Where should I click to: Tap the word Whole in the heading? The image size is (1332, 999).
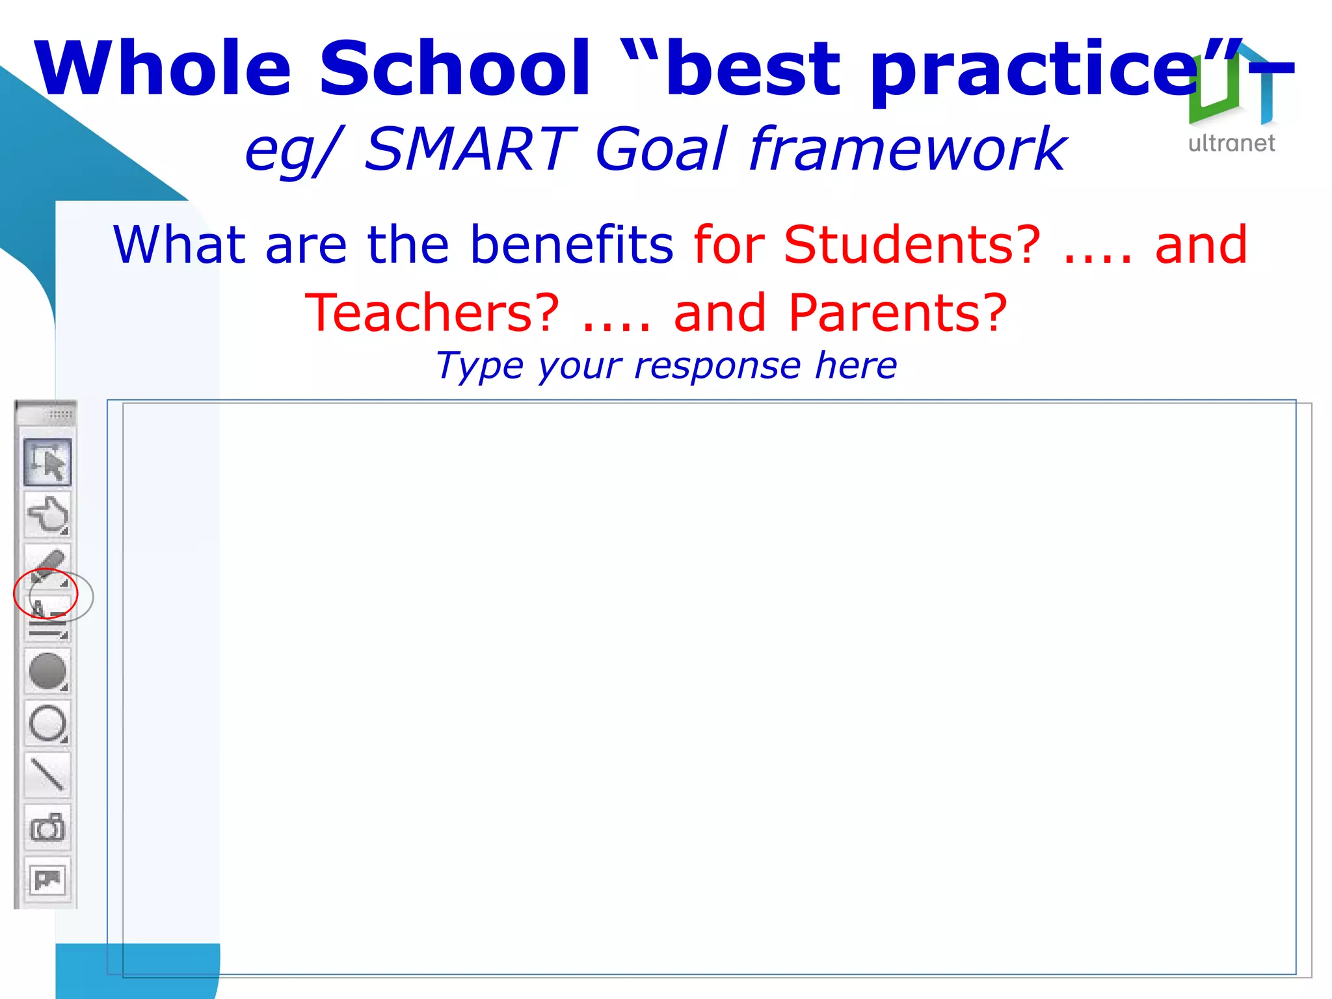[x=163, y=68]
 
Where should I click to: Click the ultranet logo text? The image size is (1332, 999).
[x=1231, y=143]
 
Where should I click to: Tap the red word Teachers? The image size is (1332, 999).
[x=433, y=313]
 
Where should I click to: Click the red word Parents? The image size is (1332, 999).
[x=898, y=313]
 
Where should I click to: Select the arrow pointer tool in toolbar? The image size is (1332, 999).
[x=47, y=462]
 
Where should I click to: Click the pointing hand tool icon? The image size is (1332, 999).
[x=47, y=514]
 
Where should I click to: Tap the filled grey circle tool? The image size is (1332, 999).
[x=47, y=671]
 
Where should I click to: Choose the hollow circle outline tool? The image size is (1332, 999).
[x=47, y=723]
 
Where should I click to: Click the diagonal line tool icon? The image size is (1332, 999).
[x=47, y=775]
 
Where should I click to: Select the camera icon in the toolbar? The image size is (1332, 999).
[x=47, y=827]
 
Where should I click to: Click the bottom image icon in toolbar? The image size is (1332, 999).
[x=47, y=879]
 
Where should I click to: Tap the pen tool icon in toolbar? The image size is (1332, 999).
[x=47, y=565]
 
